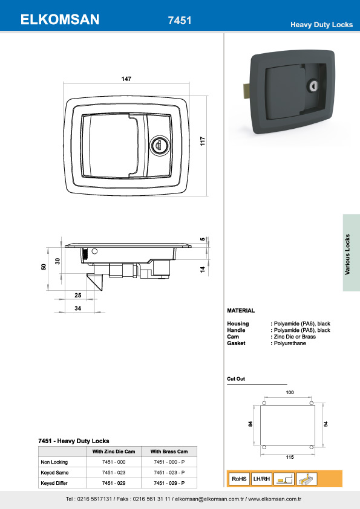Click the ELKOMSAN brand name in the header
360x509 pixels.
[60, 20]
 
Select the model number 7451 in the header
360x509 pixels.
[180, 21]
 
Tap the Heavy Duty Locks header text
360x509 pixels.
[321, 25]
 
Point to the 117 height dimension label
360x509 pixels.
[204, 141]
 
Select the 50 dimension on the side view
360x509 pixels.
[44, 267]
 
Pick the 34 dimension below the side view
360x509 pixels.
[77, 308]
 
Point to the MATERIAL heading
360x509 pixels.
[240, 310]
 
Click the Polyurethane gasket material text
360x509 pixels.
[290, 343]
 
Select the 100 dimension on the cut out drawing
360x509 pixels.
[289, 393]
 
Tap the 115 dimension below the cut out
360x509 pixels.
[289, 458]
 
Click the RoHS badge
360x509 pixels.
[238, 479]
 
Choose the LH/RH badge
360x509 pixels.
[261, 479]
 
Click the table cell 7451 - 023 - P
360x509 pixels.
[169, 473]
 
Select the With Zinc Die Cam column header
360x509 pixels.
[113, 452]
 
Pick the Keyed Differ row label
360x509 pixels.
[54, 484]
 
